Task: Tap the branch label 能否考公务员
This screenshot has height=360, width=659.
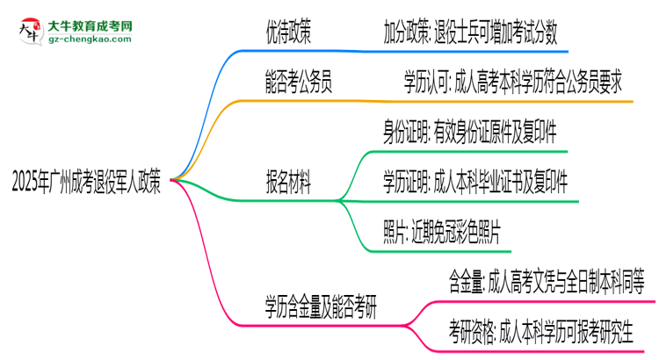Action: click(x=299, y=84)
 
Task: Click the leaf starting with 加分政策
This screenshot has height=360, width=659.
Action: click(x=469, y=34)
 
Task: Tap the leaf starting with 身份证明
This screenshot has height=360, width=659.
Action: click(x=468, y=133)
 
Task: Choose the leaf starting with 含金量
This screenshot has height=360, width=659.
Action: click(x=546, y=283)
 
